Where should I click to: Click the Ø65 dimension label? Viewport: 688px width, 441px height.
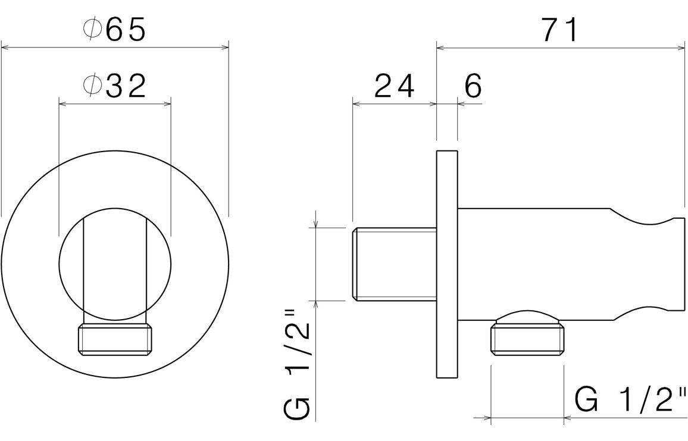pos(114,30)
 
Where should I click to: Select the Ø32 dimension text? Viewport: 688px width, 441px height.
pos(114,87)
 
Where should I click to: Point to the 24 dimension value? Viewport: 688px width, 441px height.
pos(394,87)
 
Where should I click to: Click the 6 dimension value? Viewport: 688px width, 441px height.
pos(473,87)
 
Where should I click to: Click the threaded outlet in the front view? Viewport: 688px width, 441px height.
pos(115,339)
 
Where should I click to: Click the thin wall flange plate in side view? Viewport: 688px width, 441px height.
pos(447,264)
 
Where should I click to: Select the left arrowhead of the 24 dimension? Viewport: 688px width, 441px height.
pos(356,103)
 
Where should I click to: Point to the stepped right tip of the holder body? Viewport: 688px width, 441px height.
pos(678,264)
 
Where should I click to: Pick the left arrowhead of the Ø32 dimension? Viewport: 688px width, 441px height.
pos(62,103)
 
